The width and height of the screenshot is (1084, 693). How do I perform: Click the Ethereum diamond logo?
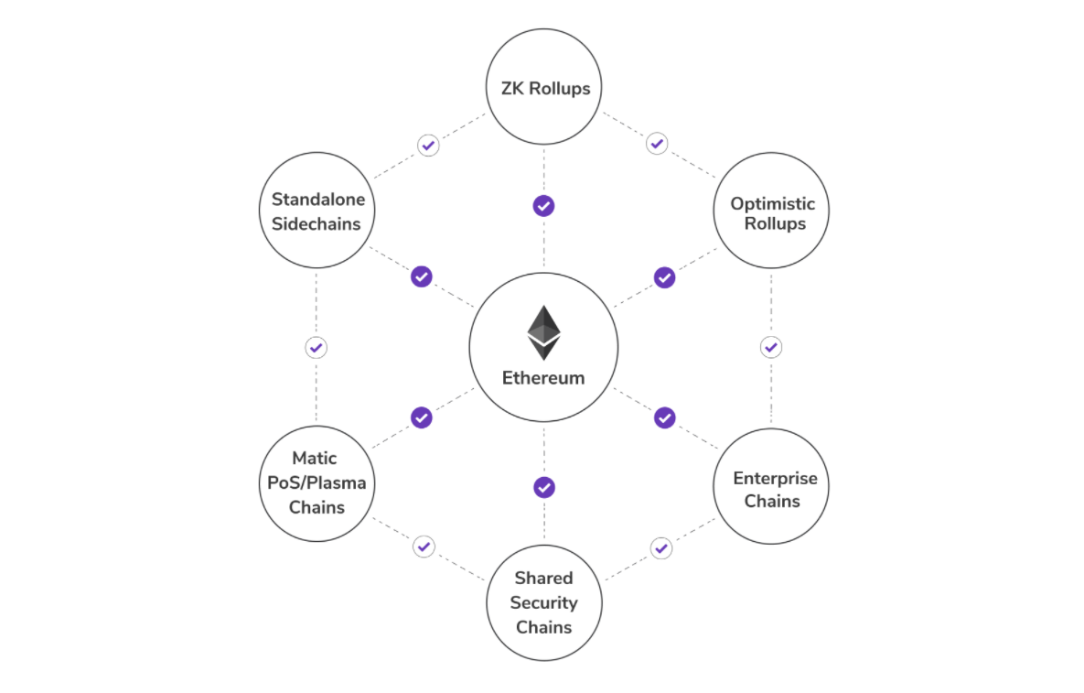click(543, 332)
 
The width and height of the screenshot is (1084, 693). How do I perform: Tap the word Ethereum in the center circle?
click(543, 378)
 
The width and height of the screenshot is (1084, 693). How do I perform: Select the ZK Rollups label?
click(544, 89)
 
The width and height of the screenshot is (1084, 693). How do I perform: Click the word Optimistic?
click(772, 203)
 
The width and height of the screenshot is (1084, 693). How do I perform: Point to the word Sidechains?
click(317, 223)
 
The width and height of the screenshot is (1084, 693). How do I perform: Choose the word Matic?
click(315, 458)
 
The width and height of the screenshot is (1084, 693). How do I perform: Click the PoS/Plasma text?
click(317, 482)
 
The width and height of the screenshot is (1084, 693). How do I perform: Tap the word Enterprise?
click(775, 478)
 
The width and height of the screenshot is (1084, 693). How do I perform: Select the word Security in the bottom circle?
click(544, 602)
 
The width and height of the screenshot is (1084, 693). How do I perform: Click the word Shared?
click(543, 578)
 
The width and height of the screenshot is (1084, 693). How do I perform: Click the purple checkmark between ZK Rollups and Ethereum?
click(544, 206)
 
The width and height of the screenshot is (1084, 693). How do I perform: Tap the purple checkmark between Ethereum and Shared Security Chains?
click(544, 487)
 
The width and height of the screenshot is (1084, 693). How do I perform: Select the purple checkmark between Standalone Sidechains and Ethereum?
click(422, 276)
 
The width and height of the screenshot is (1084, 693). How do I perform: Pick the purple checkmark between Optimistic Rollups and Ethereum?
click(665, 276)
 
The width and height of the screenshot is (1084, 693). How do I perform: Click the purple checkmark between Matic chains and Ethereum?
click(422, 417)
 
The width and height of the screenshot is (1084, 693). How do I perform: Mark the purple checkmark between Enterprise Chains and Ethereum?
click(665, 417)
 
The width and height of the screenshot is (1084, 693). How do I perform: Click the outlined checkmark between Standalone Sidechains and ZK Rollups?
click(428, 145)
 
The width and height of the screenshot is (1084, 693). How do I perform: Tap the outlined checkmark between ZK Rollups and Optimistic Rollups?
click(657, 144)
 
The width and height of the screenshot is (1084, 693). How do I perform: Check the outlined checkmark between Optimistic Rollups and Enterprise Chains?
click(771, 348)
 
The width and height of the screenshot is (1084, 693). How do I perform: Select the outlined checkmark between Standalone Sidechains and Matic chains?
click(316, 348)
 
